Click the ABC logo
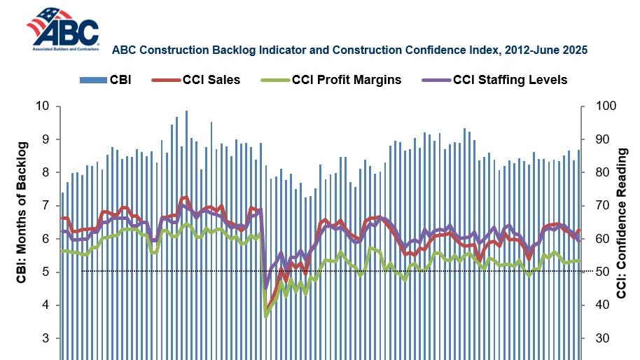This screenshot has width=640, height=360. tap(62, 29)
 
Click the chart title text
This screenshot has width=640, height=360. tap(349, 50)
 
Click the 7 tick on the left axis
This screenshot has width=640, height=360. tap(47, 206)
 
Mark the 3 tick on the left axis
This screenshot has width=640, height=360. tap(47, 338)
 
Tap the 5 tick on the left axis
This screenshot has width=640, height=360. tap(47, 272)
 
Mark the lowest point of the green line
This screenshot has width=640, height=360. tap(265, 317)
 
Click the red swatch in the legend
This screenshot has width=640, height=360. tap(162, 79)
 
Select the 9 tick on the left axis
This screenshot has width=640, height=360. tap(47, 139)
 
